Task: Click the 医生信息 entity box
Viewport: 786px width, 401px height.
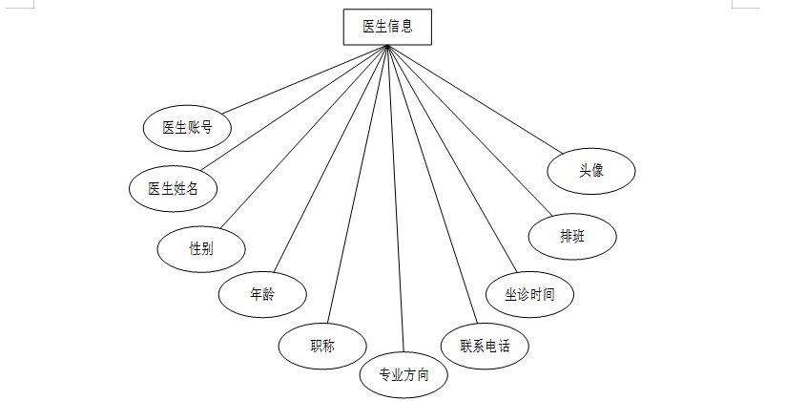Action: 387,27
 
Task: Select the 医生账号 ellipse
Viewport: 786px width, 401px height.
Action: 187,128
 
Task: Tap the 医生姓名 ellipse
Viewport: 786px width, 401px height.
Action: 173,187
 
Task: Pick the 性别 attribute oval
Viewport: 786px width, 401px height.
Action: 201,248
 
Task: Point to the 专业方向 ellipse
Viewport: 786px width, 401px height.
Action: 403,374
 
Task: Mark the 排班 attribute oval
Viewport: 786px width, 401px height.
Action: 573,237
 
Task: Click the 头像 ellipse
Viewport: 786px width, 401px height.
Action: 591,171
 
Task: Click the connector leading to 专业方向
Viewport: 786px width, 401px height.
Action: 396,200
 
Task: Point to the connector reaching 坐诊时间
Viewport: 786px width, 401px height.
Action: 450,158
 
